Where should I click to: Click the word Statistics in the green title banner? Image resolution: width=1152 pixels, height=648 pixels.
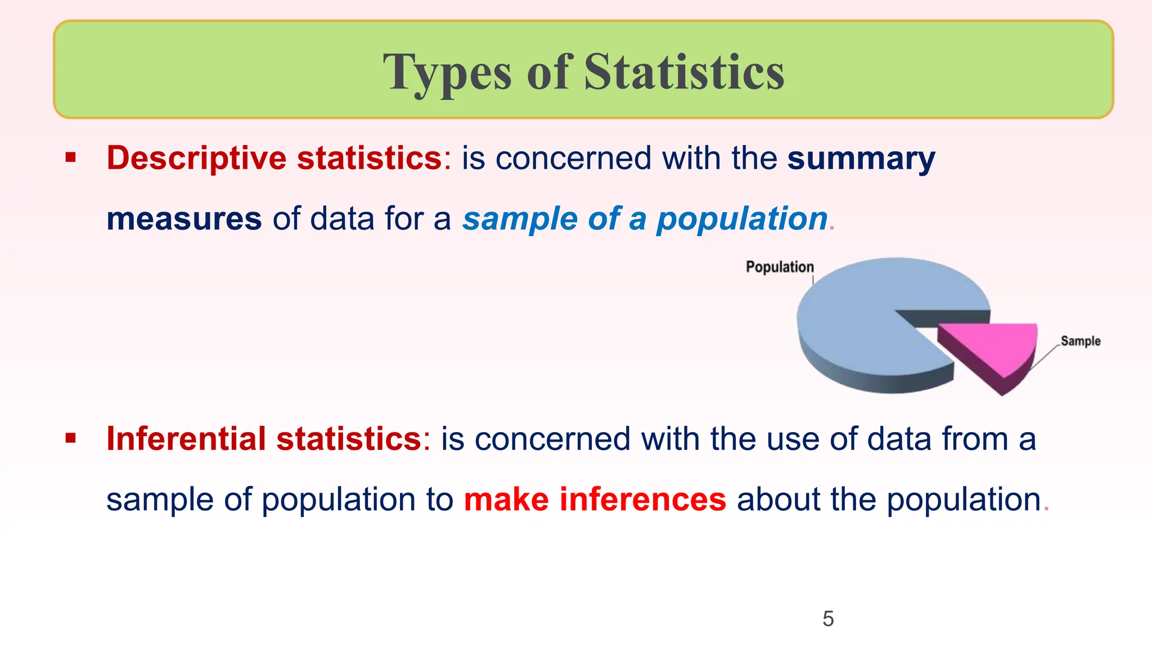pos(684,72)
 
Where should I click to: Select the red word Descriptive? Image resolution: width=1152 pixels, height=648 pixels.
pos(196,157)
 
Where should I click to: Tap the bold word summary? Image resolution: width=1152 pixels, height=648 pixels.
pos(861,159)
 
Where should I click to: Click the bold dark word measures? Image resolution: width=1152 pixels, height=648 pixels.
pos(184,219)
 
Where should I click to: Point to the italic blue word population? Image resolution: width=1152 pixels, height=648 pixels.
pos(742,219)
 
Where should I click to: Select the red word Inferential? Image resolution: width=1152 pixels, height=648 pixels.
pos(186,439)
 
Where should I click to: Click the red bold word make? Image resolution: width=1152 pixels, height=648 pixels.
pos(506,499)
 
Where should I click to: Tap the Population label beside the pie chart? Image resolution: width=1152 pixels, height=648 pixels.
pos(780,267)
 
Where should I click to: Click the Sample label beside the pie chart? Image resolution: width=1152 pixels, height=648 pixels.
pos(1080,341)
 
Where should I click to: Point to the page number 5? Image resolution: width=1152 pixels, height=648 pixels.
pos(828,619)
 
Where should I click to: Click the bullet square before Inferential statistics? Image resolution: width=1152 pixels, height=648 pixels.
pos(70,438)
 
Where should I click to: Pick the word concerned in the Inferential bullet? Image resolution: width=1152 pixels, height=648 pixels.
pos(552,439)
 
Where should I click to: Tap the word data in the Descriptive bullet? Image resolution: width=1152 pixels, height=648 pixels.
pos(342,219)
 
